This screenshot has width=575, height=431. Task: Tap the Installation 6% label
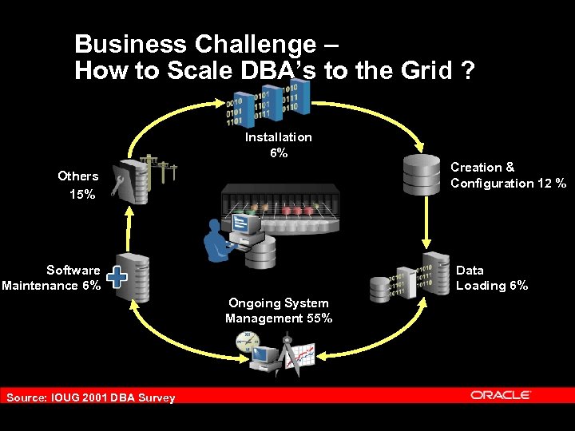click(278, 144)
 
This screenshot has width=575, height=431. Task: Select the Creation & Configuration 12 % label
click(508, 175)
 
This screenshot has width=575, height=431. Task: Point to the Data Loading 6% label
click(491, 278)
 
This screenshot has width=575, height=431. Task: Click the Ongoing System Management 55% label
click(279, 310)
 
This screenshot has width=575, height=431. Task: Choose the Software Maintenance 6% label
click(52, 278)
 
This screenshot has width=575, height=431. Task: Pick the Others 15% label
click(77, 184)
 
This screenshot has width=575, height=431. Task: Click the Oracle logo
click(501, 394)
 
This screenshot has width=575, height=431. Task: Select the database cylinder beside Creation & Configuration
click(422, 174)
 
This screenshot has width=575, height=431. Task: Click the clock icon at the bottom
click(247, 343)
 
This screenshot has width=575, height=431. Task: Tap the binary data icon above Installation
click(263, 105)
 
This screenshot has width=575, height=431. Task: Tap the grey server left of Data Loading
click(383, 287)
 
